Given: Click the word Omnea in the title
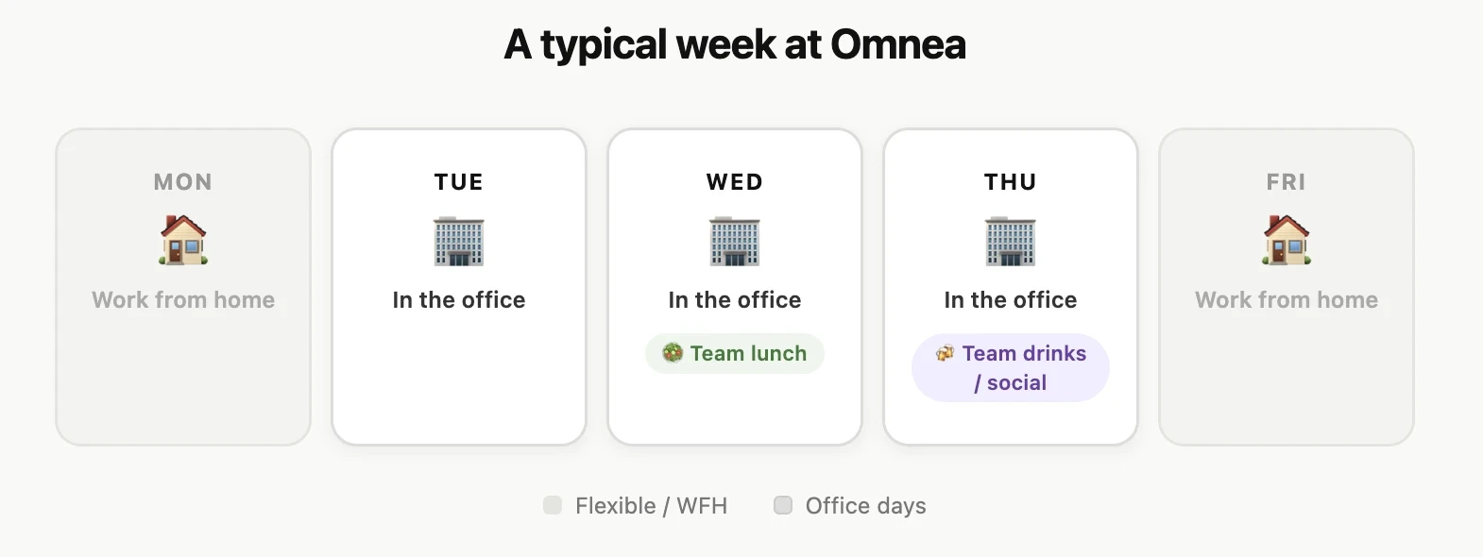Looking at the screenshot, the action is (897, 45).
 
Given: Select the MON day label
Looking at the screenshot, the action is (183, 182).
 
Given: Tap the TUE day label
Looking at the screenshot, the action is (459, 182).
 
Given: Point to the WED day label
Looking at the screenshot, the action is (735, 182).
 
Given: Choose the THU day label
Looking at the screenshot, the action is (1011, 182).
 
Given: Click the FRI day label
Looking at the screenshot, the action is (1287, 182).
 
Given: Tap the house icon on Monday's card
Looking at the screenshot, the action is (183, 240).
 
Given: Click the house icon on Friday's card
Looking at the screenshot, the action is (1287, 240).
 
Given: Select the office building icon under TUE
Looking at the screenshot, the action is (459, 242).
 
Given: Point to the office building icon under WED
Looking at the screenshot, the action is (735, 242).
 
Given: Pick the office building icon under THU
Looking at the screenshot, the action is (1011, 242).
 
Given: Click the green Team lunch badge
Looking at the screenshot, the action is (735, 353).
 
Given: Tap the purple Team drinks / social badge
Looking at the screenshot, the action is (1011, 368).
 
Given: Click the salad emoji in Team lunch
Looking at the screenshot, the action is (673, 353).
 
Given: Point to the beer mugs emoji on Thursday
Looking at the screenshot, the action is (946, 353).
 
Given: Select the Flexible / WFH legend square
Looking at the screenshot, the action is (553, 505).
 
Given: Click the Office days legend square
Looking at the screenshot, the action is (783, 505).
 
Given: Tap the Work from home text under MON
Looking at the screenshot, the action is (183, 299).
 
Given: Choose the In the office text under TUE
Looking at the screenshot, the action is (459, 299).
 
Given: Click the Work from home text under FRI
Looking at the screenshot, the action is (1287, 299).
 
